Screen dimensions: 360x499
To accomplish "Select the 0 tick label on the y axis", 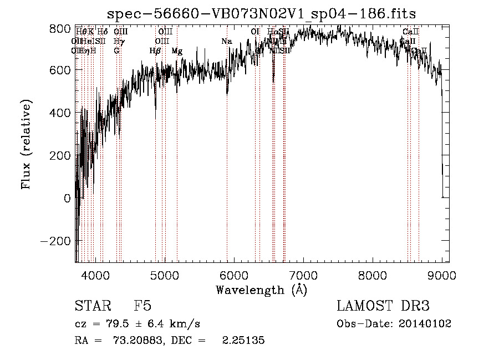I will [x=67, y=199].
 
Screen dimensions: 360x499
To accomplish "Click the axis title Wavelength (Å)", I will [x=261, y=290].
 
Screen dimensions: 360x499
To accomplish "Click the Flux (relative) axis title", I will [x=26, y=144].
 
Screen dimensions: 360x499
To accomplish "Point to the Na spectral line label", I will [x=226, y=42].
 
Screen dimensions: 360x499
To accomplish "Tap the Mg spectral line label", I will [x=177, y=51].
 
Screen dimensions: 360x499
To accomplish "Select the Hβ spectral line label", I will [x=155, y=51].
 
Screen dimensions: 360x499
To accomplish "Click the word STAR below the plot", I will [x=91, y=306].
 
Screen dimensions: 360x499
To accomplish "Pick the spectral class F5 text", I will [x=142, y=306].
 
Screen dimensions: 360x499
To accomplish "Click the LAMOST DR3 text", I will [x=383, y=306].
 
